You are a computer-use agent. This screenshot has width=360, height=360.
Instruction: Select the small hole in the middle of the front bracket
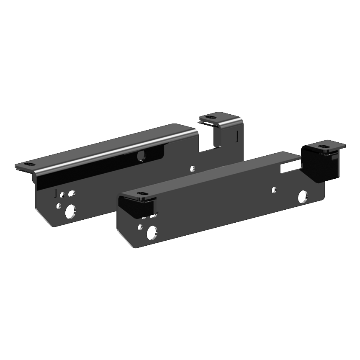click(274, 190)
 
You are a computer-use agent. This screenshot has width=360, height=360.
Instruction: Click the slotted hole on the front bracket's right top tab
click(324, 147)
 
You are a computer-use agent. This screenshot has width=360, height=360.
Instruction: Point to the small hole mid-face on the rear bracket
click(193, 169)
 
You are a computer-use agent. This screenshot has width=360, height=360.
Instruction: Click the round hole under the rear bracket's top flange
click(141, 156)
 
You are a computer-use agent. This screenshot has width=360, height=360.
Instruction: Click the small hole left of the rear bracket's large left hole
click(59, 206)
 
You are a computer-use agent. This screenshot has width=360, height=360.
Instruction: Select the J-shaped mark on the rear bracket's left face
click(55, 193)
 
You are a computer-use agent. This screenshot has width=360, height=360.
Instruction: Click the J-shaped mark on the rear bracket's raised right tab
click(237, 136)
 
